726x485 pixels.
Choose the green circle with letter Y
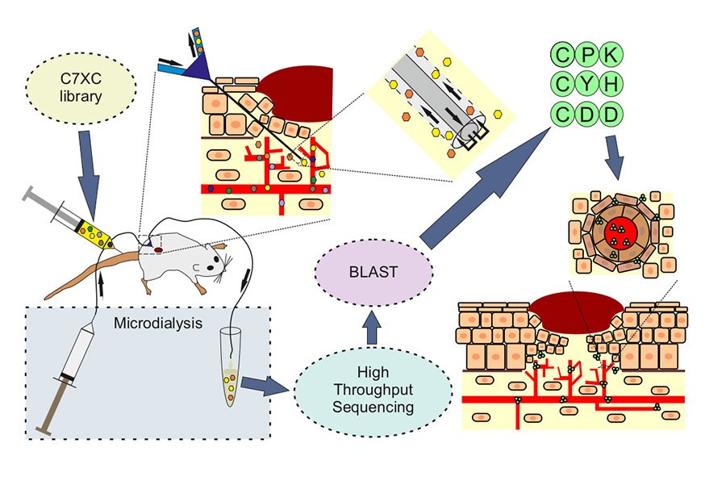click(587, 83)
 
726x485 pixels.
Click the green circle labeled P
click(587, 54)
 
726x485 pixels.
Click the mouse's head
click(211, 259)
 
